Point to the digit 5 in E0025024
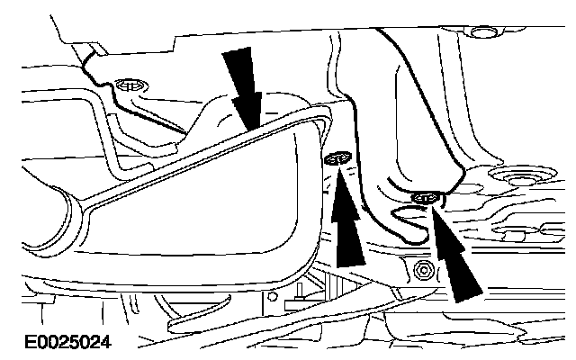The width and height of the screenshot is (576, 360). tap(67, 343)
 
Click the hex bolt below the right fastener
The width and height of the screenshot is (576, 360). tap(419, 269)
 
